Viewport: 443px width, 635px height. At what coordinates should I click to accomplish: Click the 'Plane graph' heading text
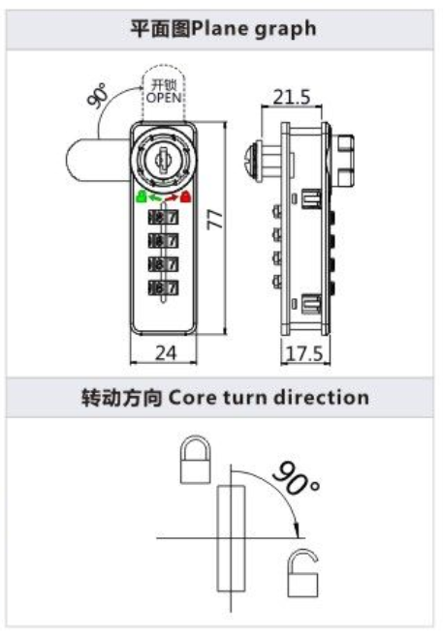tap(254, 29)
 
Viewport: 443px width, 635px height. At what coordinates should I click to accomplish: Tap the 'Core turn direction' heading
tap(269, 397)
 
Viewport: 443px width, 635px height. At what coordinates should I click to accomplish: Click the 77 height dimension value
tap(215, 220)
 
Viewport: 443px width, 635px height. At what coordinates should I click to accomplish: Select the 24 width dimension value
tap(166, 353)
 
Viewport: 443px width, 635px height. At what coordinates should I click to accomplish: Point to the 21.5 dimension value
tap(291, 97)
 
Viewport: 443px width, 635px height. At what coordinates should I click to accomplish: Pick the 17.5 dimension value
tap(305, 354)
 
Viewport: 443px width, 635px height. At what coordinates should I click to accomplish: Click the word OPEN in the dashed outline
tap(164, 98)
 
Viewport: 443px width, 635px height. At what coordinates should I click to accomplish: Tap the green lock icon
tap(141, 197)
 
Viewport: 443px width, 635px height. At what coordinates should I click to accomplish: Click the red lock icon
tap(186, 197)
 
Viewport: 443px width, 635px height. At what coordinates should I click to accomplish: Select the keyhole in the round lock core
tap(164, 162)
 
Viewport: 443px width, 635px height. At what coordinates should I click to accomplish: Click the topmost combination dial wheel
tap(163, 218)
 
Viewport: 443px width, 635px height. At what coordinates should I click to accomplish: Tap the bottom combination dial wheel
tap(163, 287)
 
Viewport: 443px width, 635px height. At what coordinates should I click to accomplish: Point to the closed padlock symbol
tap(195, 459)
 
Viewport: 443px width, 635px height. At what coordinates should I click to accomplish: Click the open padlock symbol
tap(302, 573)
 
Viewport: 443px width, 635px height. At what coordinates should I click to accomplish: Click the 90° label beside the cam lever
tap(98, 96)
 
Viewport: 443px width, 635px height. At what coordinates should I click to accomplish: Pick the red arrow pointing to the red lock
tap(172, 197)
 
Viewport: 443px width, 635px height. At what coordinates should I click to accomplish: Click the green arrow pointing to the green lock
tap(155, 197)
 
